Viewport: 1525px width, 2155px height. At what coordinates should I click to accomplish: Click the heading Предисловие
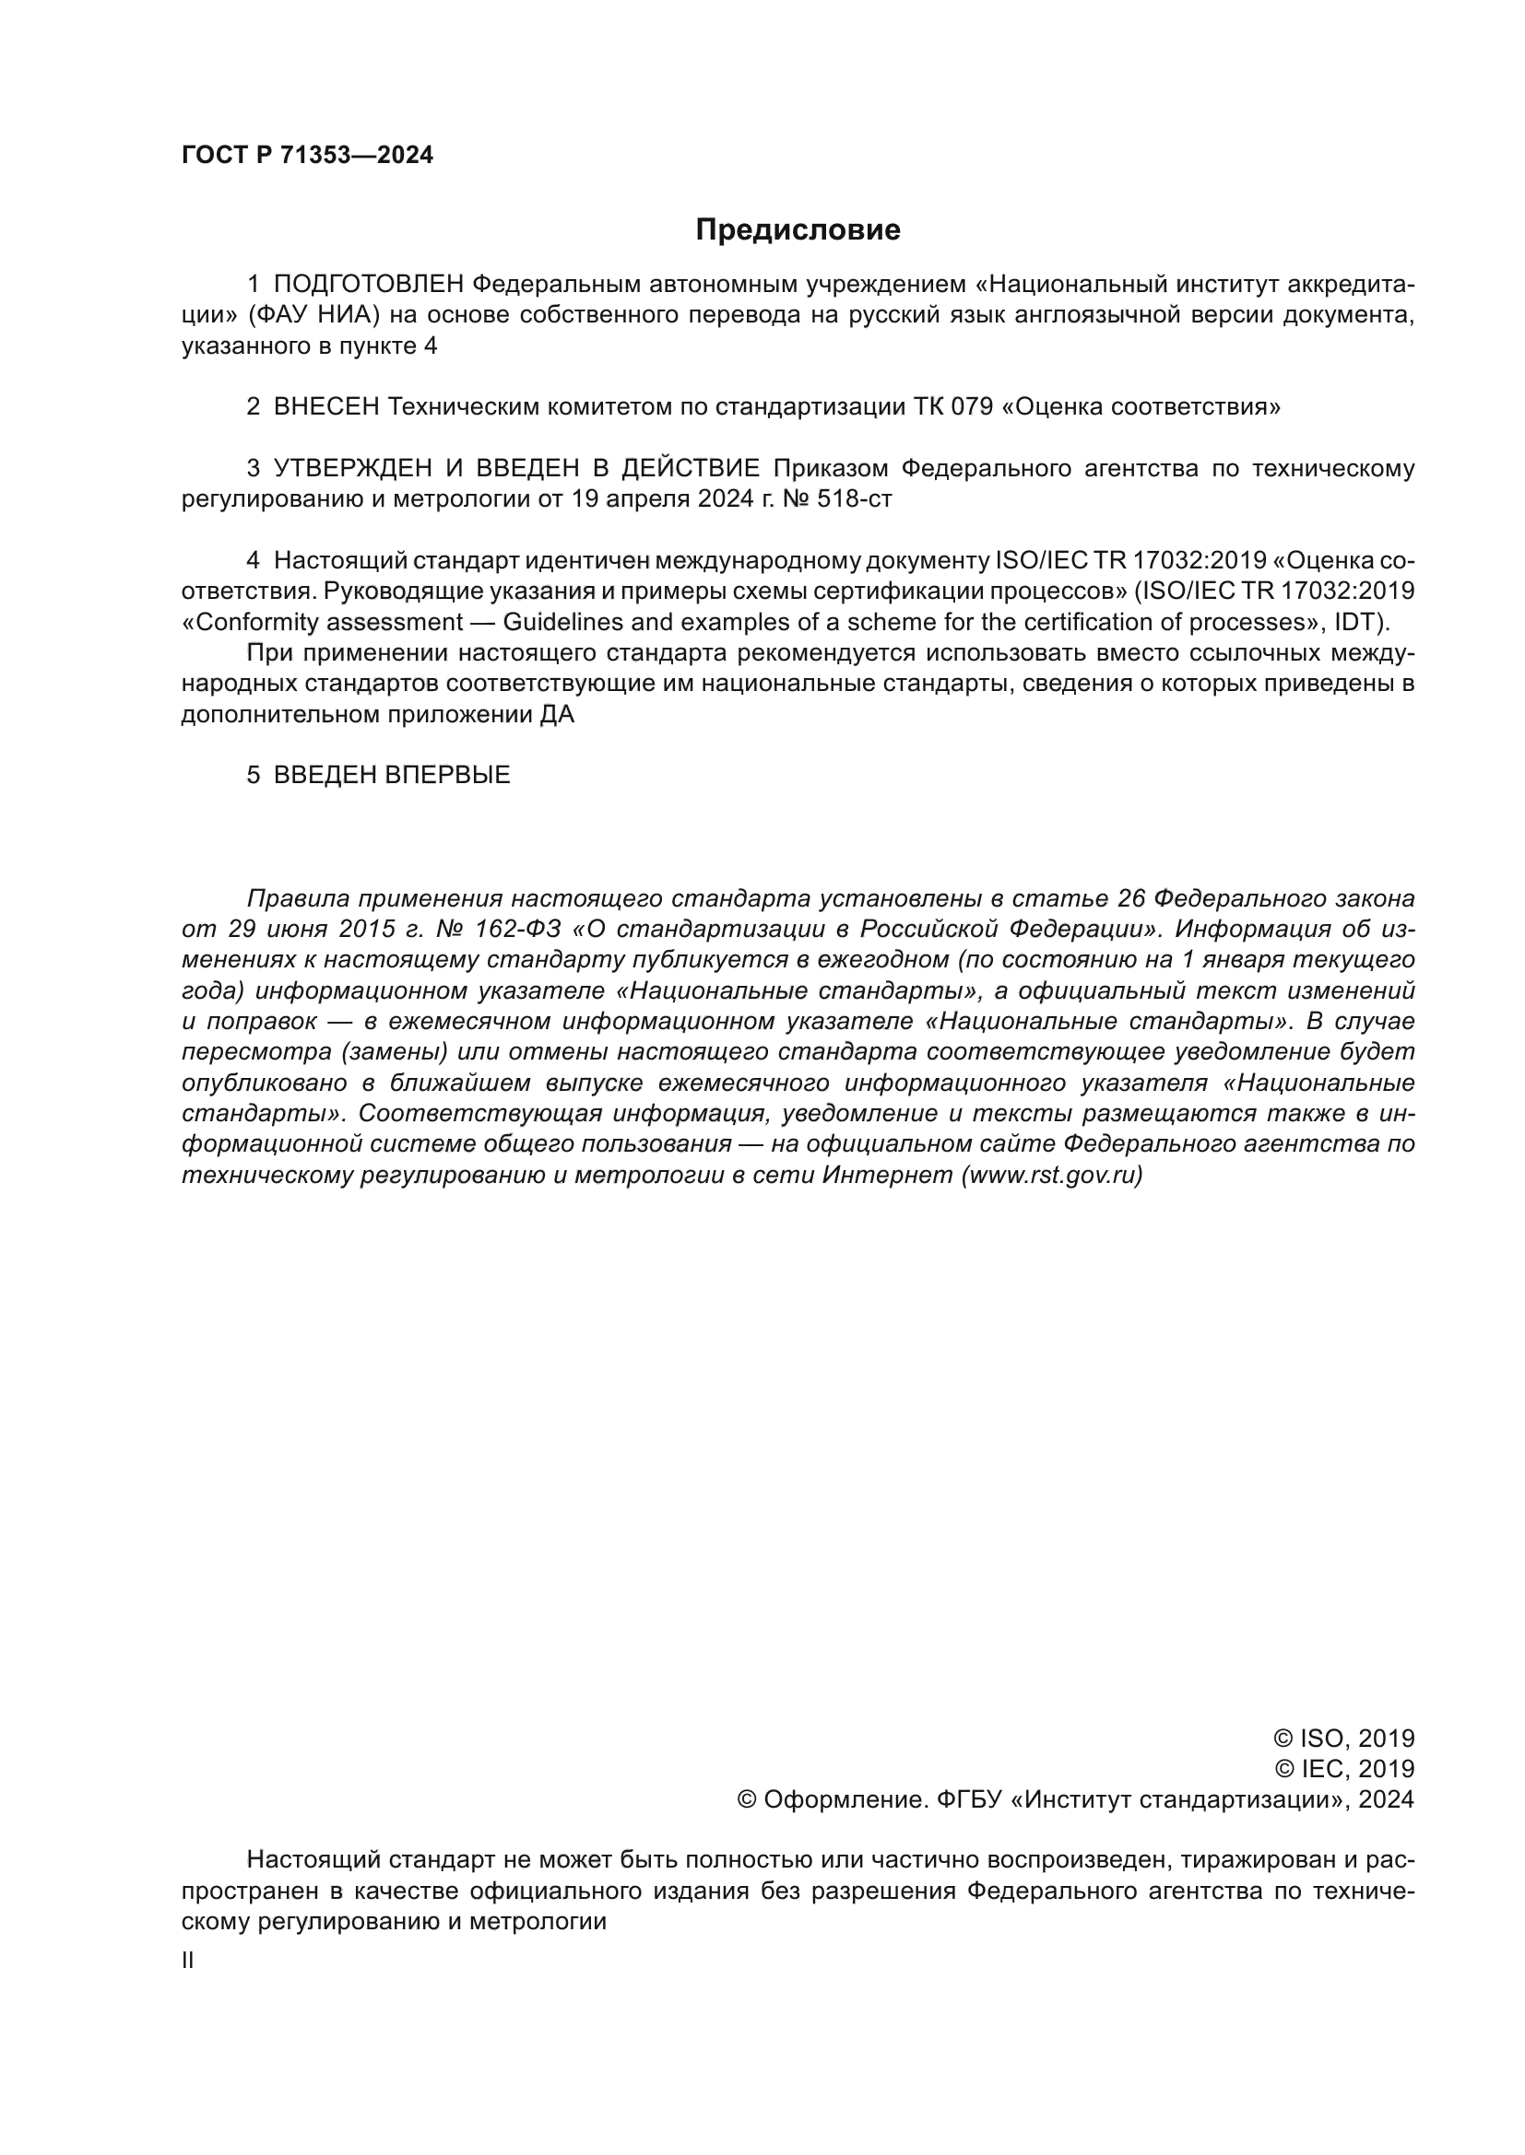(x=798, y=229)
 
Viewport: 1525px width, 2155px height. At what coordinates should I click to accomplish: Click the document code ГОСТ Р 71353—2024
(x=307, y=155)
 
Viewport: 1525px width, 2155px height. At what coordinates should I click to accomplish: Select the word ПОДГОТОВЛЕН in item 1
(x=368, y=284)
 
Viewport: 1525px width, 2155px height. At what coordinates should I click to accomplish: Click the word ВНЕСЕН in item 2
(x=325, y=406)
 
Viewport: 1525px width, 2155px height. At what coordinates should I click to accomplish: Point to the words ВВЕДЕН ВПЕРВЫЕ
(x=392, y=774)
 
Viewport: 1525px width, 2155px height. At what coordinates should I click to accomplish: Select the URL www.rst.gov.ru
(x=1052, y=1175)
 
